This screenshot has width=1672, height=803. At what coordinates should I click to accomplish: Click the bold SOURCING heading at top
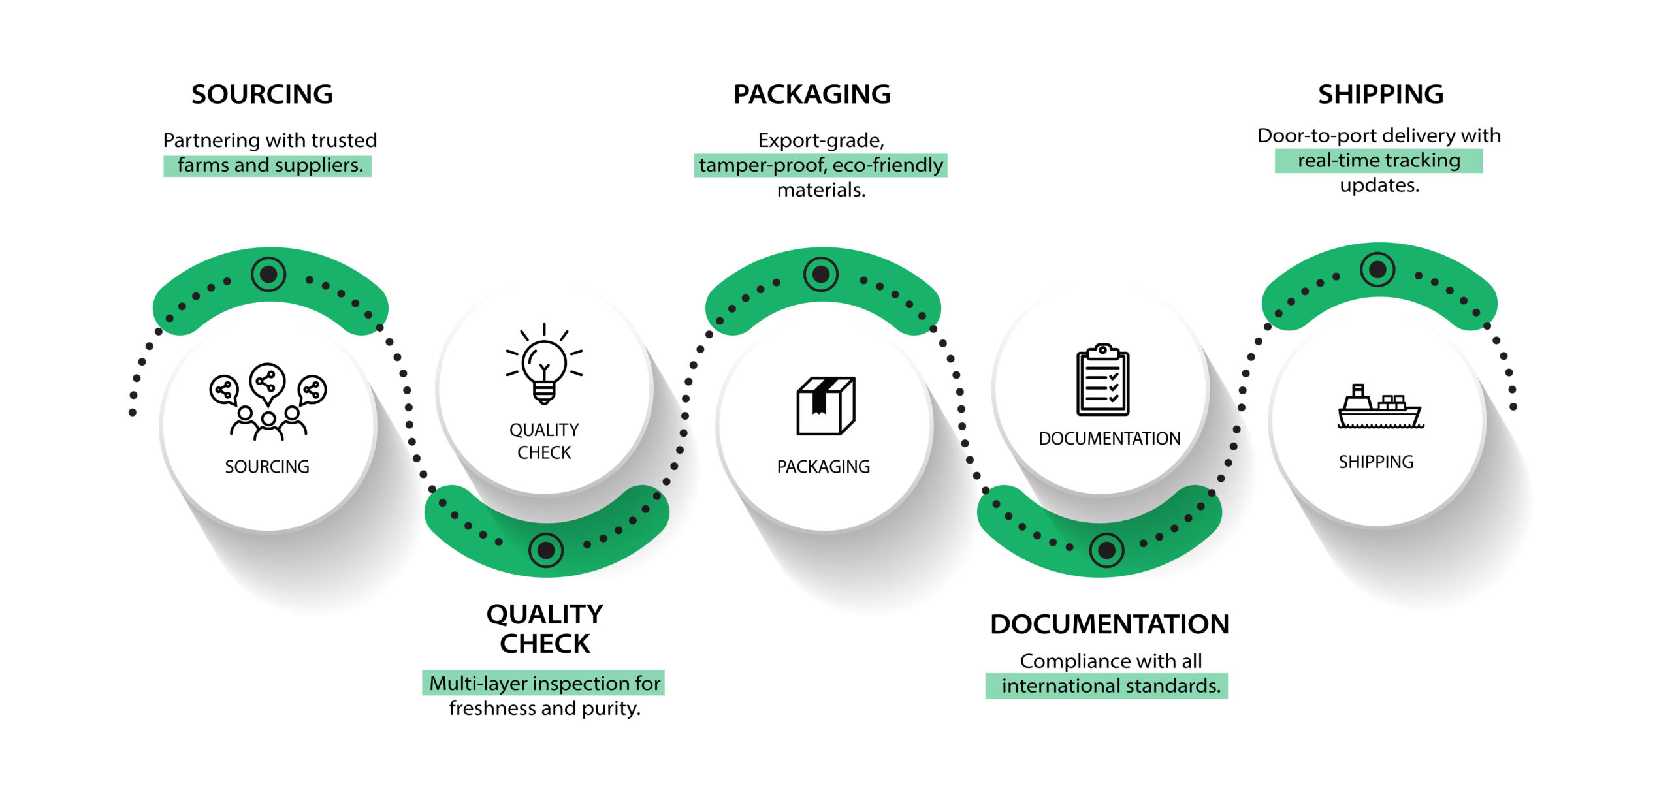(262, 95)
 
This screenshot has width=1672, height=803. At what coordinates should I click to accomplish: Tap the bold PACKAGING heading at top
(812, 95)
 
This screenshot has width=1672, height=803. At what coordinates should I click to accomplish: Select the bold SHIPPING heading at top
(1380, 95)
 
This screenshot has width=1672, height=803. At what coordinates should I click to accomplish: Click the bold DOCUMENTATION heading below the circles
(1109, 624)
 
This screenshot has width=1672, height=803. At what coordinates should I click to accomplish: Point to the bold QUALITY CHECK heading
(545, 629)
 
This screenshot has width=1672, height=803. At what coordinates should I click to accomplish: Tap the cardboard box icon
(826, 405)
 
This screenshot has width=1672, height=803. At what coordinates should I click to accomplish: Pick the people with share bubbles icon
(268, 400)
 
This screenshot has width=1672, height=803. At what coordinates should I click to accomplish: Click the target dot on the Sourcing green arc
(268, 274)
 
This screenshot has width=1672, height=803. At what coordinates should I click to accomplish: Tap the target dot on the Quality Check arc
(546, 550)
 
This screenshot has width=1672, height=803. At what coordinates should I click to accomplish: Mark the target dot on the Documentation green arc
(1106, 550)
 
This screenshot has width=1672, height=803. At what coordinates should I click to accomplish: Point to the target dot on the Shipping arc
(1377, 269)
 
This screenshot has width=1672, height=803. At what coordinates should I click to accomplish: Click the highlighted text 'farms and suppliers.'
(269, 165)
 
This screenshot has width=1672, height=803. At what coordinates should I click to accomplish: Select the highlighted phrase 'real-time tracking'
(1379, 161)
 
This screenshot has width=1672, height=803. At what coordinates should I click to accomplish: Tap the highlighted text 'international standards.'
(1110, 686)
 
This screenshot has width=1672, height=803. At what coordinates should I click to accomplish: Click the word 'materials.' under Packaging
(821, 190)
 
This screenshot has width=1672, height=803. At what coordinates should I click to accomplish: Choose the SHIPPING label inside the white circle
(1376, 462)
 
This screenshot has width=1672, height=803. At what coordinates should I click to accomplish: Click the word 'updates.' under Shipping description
(1379, 185)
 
